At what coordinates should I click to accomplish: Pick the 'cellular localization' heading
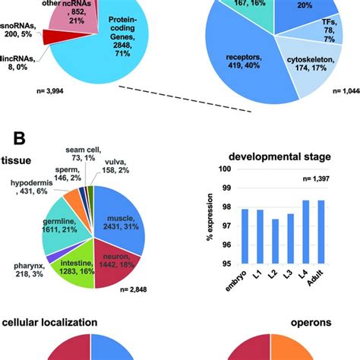pyautogui.click(x=49, y=322)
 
